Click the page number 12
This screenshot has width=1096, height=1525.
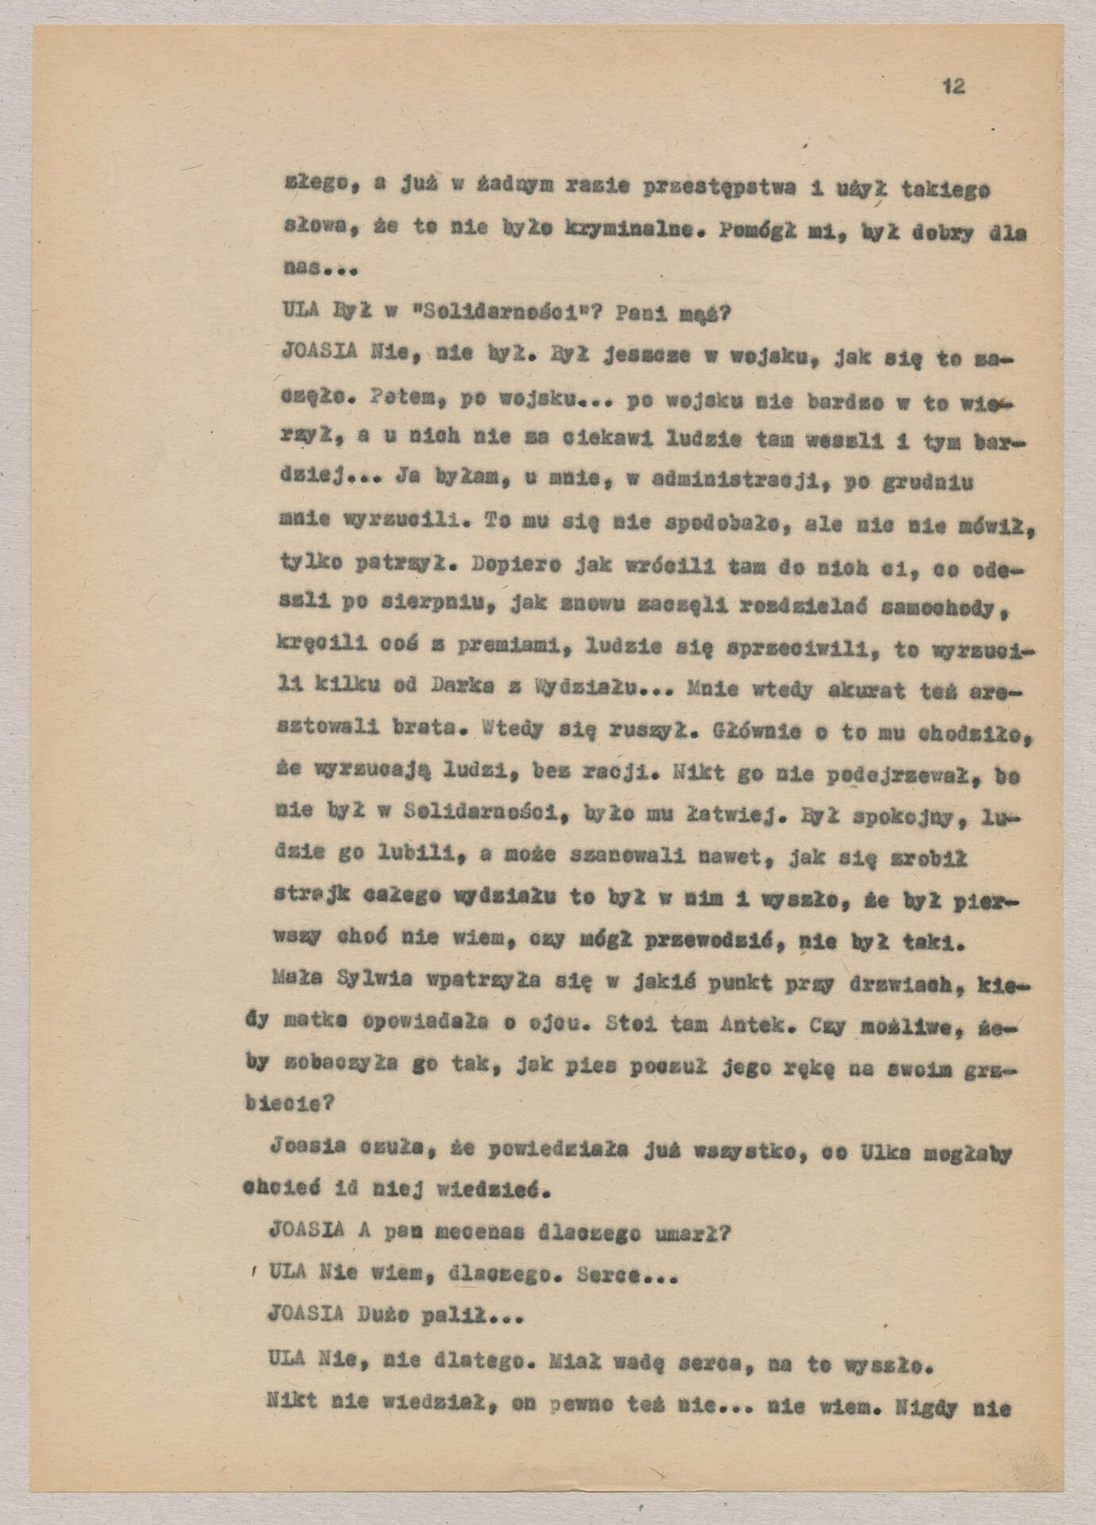(954, 87)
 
